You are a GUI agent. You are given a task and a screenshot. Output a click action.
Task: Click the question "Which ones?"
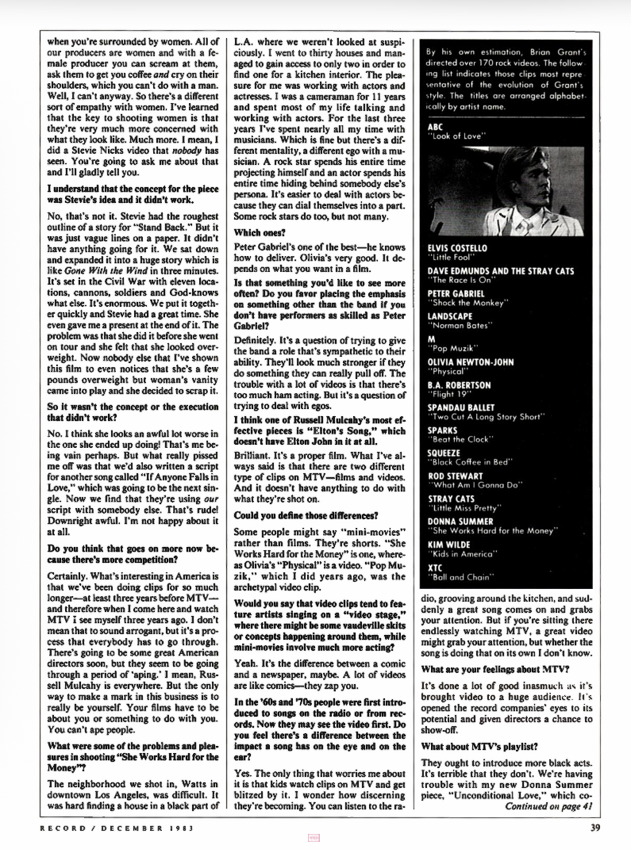258,210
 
